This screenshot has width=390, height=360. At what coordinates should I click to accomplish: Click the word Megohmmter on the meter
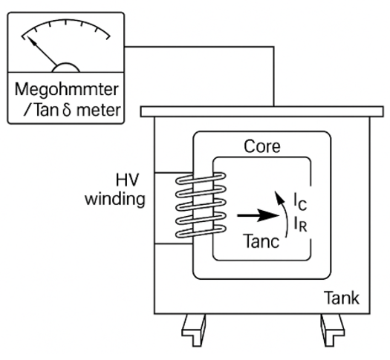pyautogui.click(x=66, y=90)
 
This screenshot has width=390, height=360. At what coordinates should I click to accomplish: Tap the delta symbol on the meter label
pyautogui.click(x=67, y=110)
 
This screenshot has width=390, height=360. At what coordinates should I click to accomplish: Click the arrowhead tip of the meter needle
pyautogui.click(x=27, y=37)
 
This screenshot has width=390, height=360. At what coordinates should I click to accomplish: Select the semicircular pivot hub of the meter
pyautogui.click(x=65, y=68)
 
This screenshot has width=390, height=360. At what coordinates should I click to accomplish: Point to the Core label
pyautogui.click(x=262, y=146)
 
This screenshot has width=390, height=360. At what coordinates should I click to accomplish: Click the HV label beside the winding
pyautogui.click(x=127, y=180)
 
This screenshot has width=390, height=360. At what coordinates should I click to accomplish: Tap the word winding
pyautogui.click(x=115, y=199)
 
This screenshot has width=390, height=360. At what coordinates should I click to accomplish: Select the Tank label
pyautogui.click(x=341, y=298)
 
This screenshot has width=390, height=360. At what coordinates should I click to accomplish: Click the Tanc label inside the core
pyautogui.click(x=261, y=241)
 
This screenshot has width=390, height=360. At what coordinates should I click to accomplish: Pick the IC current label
pyautogui.click(x=300, y=201)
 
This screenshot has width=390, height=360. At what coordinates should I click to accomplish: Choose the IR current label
pyautogui.click(x=300, y=223)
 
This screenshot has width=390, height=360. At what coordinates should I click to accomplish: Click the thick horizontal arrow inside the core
pyautogui.click(x=259, y=215)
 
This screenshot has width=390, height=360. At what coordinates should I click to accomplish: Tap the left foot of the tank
pyautogui.click(x=194, y=330)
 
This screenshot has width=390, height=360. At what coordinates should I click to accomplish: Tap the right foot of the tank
pyautogui.click(x=332, y=330)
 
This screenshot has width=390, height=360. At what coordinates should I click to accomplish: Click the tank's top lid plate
pyautogui.click(x=261, y=111)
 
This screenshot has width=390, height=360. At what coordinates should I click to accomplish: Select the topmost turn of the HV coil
pyautogui.click(x=201, y=178)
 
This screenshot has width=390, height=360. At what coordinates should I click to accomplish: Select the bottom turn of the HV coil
pyautogui.click(x=201, y=232)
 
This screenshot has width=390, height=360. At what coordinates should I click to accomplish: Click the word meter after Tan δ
pyautogui.click(x=99, y=111)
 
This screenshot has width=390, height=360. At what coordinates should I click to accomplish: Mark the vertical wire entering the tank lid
pyautogui.click(x=274, y=76)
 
